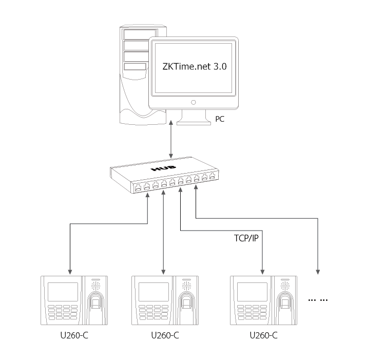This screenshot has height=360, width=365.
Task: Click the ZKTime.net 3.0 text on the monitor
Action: tap(194, 66)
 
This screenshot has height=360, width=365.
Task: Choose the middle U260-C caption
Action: tap(165, 336)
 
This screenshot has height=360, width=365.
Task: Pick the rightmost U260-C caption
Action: tap(263, 336)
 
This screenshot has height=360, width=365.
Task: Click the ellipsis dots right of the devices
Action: tap(317, 299)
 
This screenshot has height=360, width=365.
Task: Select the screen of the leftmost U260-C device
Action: tap(62, 292)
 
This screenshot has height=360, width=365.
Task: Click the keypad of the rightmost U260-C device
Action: tap(251, 311)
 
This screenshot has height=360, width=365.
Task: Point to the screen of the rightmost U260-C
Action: tap(252, 292)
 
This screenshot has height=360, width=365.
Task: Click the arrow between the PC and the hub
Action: tap(171, 140)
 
